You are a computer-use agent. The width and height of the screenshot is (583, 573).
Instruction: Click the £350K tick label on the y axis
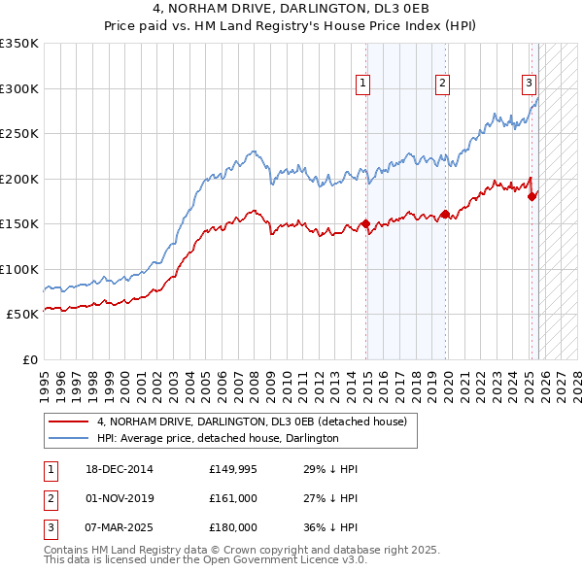(x=19, y=44)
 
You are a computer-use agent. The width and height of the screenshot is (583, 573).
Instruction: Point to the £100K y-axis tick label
(x=19, y=269)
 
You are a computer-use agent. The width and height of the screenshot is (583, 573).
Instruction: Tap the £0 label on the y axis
(x=28, y=359)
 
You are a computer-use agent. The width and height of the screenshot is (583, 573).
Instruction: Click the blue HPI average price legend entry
(x=218, y=438)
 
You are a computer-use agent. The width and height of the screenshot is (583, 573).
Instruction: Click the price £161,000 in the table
(x=232, y=498)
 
